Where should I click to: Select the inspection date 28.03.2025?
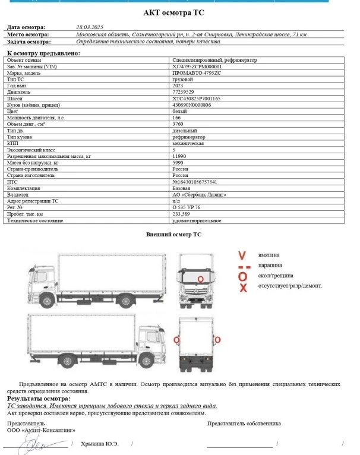click(90, 27)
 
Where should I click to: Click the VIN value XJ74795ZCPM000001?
click(197, 67)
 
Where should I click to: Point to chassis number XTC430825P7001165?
click(196, 98)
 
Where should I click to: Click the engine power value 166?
click(176, 117)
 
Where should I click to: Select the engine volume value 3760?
click(178, 124)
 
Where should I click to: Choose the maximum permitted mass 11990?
click(179, 156)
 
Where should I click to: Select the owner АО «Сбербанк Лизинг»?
click(198, 194)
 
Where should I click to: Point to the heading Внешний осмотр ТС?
click(174, 235)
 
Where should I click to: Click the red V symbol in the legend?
click(242, 255)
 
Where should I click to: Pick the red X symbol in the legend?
click(242, 288)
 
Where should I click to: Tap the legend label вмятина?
click(269, 255)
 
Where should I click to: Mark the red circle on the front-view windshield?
click(201, 278)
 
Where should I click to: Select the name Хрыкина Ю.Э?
click(99, 444)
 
